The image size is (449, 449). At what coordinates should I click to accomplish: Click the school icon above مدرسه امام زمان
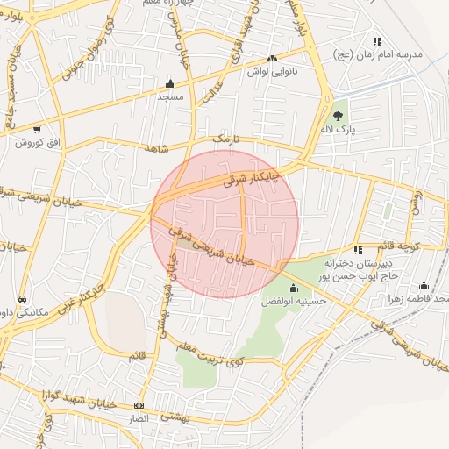tap(377, 41)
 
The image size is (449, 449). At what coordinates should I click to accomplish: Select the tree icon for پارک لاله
tap(339, 114)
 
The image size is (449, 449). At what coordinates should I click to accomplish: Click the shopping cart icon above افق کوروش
tap(37, 129)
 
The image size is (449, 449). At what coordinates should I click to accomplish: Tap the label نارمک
tap(224, 139)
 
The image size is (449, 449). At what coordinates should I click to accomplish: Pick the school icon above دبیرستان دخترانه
tap(358, 250)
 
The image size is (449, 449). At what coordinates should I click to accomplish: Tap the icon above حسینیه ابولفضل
tap(293, 288)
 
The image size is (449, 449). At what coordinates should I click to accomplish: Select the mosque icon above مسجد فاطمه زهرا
tap(424, 285)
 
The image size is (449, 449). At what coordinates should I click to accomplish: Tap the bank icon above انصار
tap(139, 405)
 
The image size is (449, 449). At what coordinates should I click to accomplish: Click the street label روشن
tap(416, 202)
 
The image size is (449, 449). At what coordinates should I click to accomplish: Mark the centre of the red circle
tap(224, 224)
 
